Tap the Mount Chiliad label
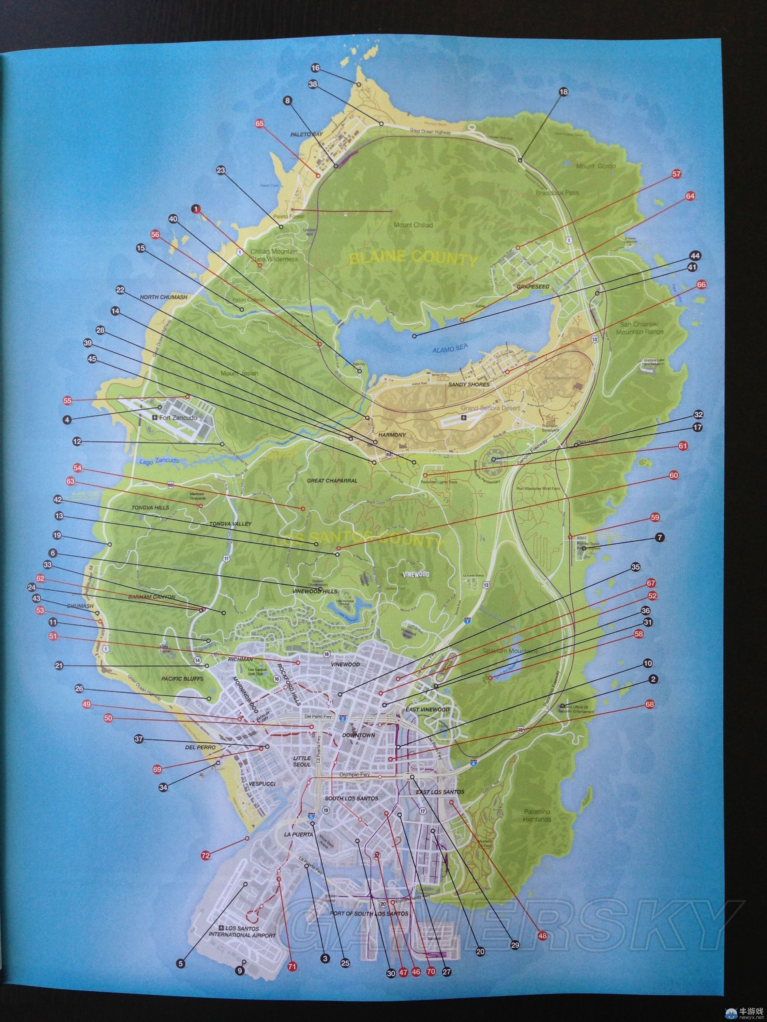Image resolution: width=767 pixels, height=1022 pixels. (413, 225)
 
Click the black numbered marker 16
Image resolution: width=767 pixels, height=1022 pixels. (315, 68)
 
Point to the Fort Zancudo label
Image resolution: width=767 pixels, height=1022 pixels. (178, 418)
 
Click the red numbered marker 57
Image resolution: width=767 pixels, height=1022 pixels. (676, 174)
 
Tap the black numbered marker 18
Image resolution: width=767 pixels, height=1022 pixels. (563, 92)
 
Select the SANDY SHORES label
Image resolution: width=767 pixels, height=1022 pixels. (462, 384)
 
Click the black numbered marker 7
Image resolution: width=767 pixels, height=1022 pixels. (659, 537)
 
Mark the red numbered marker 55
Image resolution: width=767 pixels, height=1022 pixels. (67, 401)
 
